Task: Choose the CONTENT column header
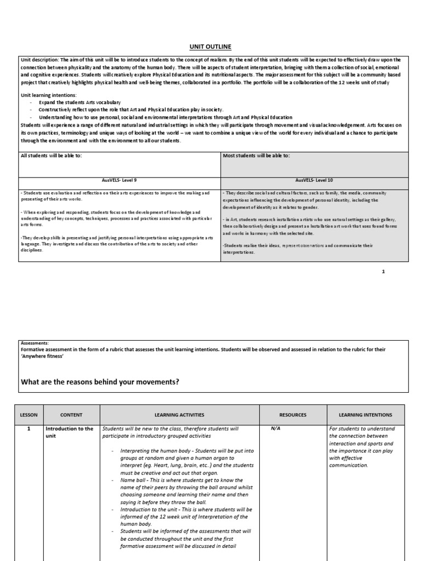(71, 415)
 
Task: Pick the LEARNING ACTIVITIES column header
(179, 415)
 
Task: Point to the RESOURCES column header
(292, 415)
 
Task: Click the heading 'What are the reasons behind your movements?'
(100, 381)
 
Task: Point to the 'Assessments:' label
(35, 342)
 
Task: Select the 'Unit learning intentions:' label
(48, 95)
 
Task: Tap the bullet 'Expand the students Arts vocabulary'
(79, 102)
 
